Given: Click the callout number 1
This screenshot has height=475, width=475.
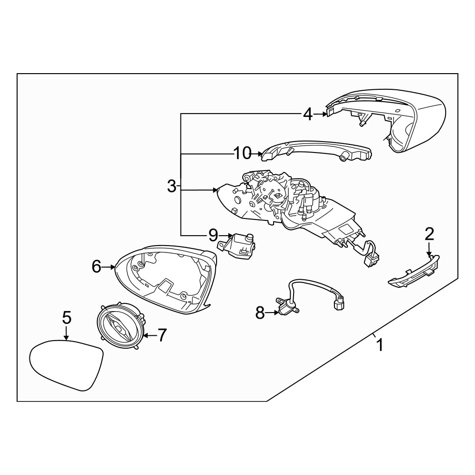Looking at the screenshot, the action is pyautogui.click(x=379, y=345).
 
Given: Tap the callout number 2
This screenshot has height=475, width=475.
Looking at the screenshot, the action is pyautogui.click(x=429, y=234).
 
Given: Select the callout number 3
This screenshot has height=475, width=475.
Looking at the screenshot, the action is pyautogui.click(x=171, y=186).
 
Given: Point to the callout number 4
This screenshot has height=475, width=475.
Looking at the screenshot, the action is pyautogui.click(x=307, y=114).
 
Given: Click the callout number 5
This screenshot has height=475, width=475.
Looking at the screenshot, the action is pyautogui.click(x=66, y=317).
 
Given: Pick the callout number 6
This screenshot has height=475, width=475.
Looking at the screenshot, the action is pyautogui.click(x=96, y=266).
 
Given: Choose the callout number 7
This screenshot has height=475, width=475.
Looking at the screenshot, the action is pyautogui.click(x=162, y=335).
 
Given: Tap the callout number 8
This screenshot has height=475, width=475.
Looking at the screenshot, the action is pyautogui.click(x=260, y=313).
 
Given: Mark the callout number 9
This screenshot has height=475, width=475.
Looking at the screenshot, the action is pyautogui.click(x=213, y=235).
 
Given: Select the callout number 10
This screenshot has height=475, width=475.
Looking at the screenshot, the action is pyautogui.click(x=242, y=153).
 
